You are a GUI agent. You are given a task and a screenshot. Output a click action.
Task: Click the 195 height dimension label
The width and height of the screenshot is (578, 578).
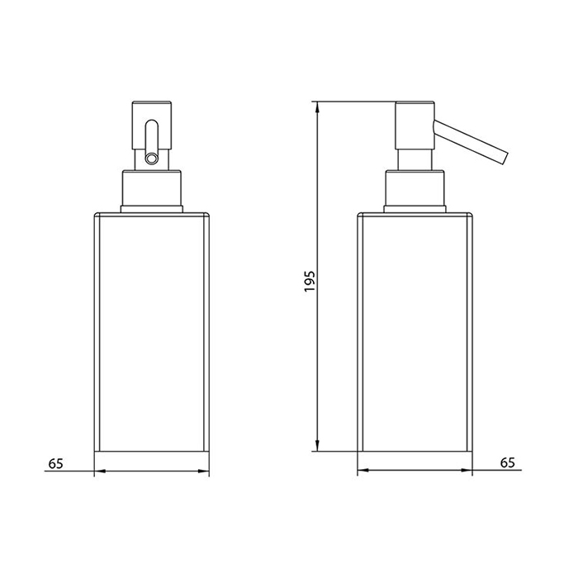[310, 282]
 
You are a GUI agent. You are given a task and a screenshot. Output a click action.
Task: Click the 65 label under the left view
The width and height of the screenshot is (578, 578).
[56, 463]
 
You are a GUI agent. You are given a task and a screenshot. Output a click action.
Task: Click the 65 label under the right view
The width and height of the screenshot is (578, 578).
[507, 462]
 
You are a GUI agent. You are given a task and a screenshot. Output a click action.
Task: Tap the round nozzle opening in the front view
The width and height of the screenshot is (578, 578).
[151, 159]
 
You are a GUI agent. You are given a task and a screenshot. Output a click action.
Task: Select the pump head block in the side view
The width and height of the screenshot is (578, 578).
[415, 126]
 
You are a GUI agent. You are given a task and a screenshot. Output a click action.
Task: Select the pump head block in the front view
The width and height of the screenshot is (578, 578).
[151, 125]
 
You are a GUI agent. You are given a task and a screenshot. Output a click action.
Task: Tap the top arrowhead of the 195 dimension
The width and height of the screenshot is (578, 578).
[316, 107]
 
